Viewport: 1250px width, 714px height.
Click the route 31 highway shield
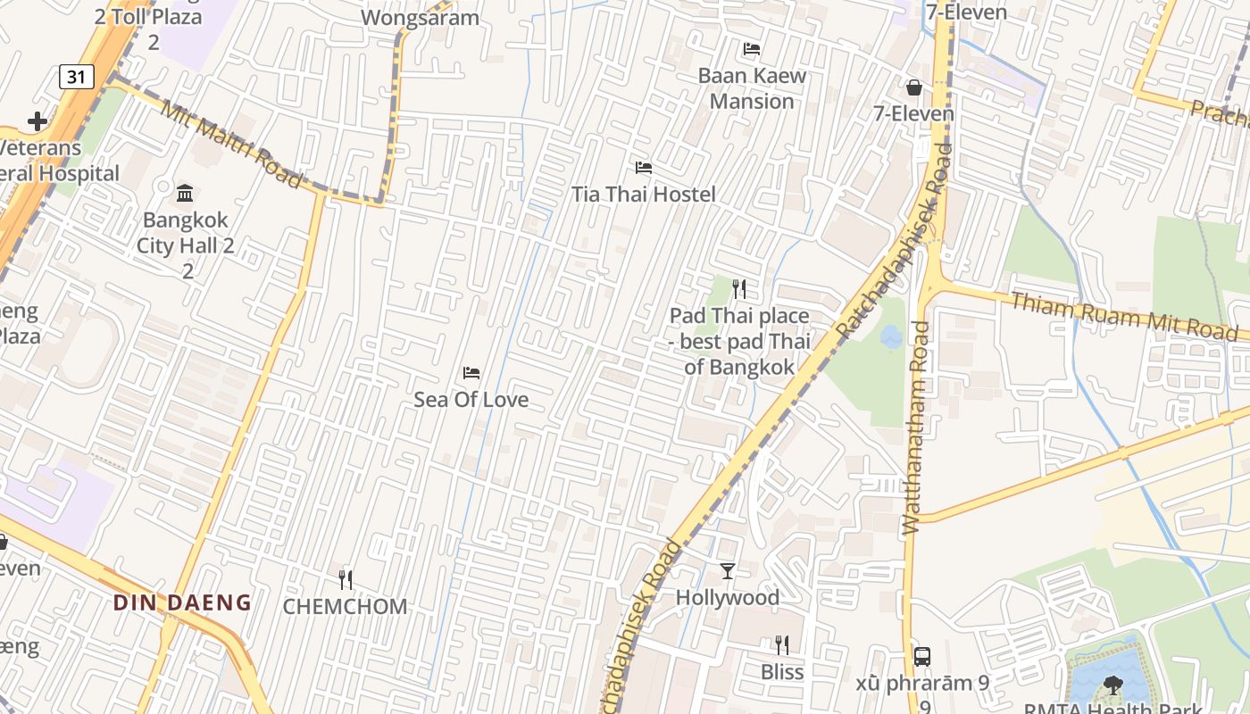click(x=77, y=77)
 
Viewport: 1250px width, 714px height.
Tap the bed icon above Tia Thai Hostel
click(x=643, y=168)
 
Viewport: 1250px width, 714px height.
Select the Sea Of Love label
click(x=471, y=400)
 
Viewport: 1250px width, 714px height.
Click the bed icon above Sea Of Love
click(x=471, y=372)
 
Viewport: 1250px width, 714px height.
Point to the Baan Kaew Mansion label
click(x=752, y=88)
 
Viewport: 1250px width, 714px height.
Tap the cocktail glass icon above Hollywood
click(x=728, y=570)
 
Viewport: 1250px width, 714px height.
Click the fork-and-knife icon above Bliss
click(x=781, y=644)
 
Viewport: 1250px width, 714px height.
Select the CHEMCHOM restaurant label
click(x=345, y=607)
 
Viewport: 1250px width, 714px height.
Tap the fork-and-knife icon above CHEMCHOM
click(x=346, y=579)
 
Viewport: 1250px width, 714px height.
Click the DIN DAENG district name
click(x=182, y=602)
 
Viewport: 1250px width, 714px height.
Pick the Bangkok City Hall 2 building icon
click(x=185, y=192)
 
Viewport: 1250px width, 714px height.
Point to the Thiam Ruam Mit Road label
click(x=1123, y=316)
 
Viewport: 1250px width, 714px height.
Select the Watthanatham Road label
click(x=916, y=428)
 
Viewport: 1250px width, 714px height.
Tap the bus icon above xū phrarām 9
click(x=922, y=656)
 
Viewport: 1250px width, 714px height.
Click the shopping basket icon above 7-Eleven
click(x=913, y=87)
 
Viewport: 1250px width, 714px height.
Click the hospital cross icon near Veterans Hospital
click(x=37, y=120)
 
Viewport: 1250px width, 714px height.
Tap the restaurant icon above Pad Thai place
click(x=738, y=288)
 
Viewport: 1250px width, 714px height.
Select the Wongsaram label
click(x=420, y=17)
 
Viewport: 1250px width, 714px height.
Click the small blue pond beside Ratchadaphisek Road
click(x=890, y=337)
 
